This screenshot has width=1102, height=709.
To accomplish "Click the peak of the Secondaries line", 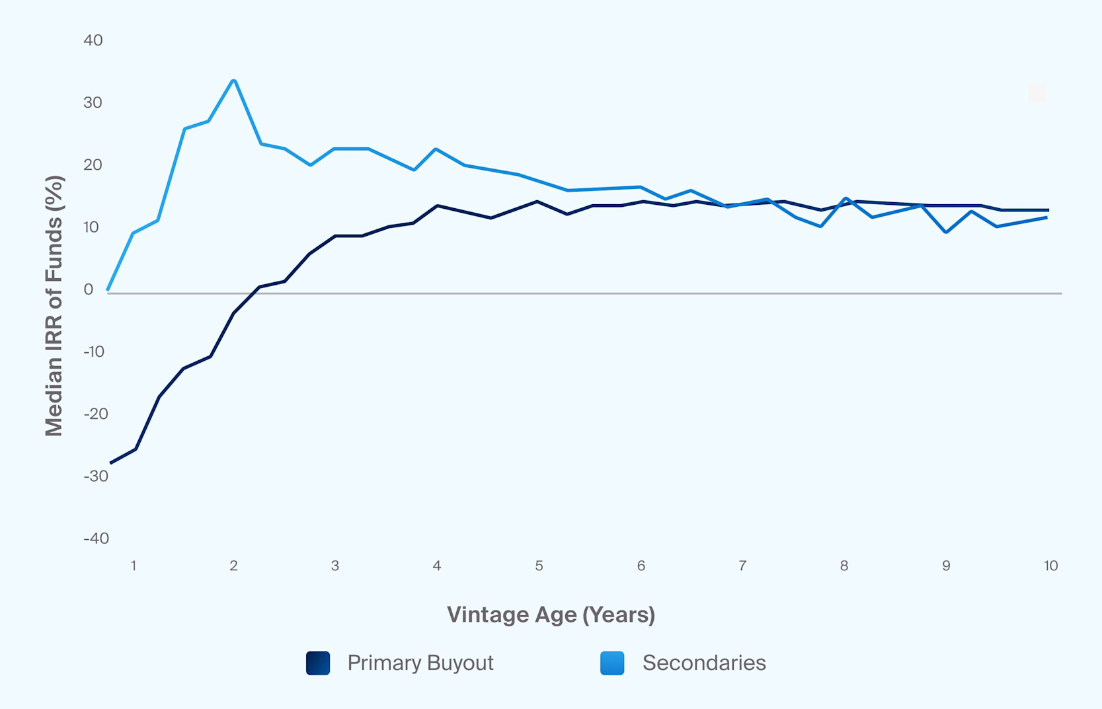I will [x=233, y=81].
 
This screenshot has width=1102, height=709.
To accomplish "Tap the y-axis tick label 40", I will [x=93, y=40].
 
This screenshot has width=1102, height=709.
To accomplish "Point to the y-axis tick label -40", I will [x=96, y=539].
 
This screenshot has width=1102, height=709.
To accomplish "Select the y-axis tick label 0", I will [x=89, y=289].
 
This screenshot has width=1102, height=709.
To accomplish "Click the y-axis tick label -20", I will [x=96, y=414].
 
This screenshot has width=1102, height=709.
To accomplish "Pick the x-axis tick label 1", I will [x=134, y=566].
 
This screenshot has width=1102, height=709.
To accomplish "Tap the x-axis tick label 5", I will [x=539, y=566].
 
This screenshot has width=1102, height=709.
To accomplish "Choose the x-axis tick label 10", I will [x=1050, y=566].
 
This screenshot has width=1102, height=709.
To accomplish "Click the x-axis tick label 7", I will [x=742, y=566].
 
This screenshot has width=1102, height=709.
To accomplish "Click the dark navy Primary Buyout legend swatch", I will [x=318, y=663].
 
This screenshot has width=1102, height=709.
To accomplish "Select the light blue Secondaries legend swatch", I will [x=612, y=663].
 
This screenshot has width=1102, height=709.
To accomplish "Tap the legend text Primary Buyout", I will [x=420, y=663].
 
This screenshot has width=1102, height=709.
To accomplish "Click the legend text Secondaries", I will [x=704, y=663].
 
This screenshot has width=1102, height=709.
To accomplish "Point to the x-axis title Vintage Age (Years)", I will [x=551, y=615].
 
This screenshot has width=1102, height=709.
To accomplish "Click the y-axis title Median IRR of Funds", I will [x=54, y=305].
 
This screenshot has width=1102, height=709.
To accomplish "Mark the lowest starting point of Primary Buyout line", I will [x=111, y=463].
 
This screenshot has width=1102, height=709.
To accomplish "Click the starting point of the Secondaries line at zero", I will [x=108, y=289].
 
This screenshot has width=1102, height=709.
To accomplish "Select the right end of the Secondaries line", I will [x=1046, y=217].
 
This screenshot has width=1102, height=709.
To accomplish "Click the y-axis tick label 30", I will [x=93, y=102].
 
